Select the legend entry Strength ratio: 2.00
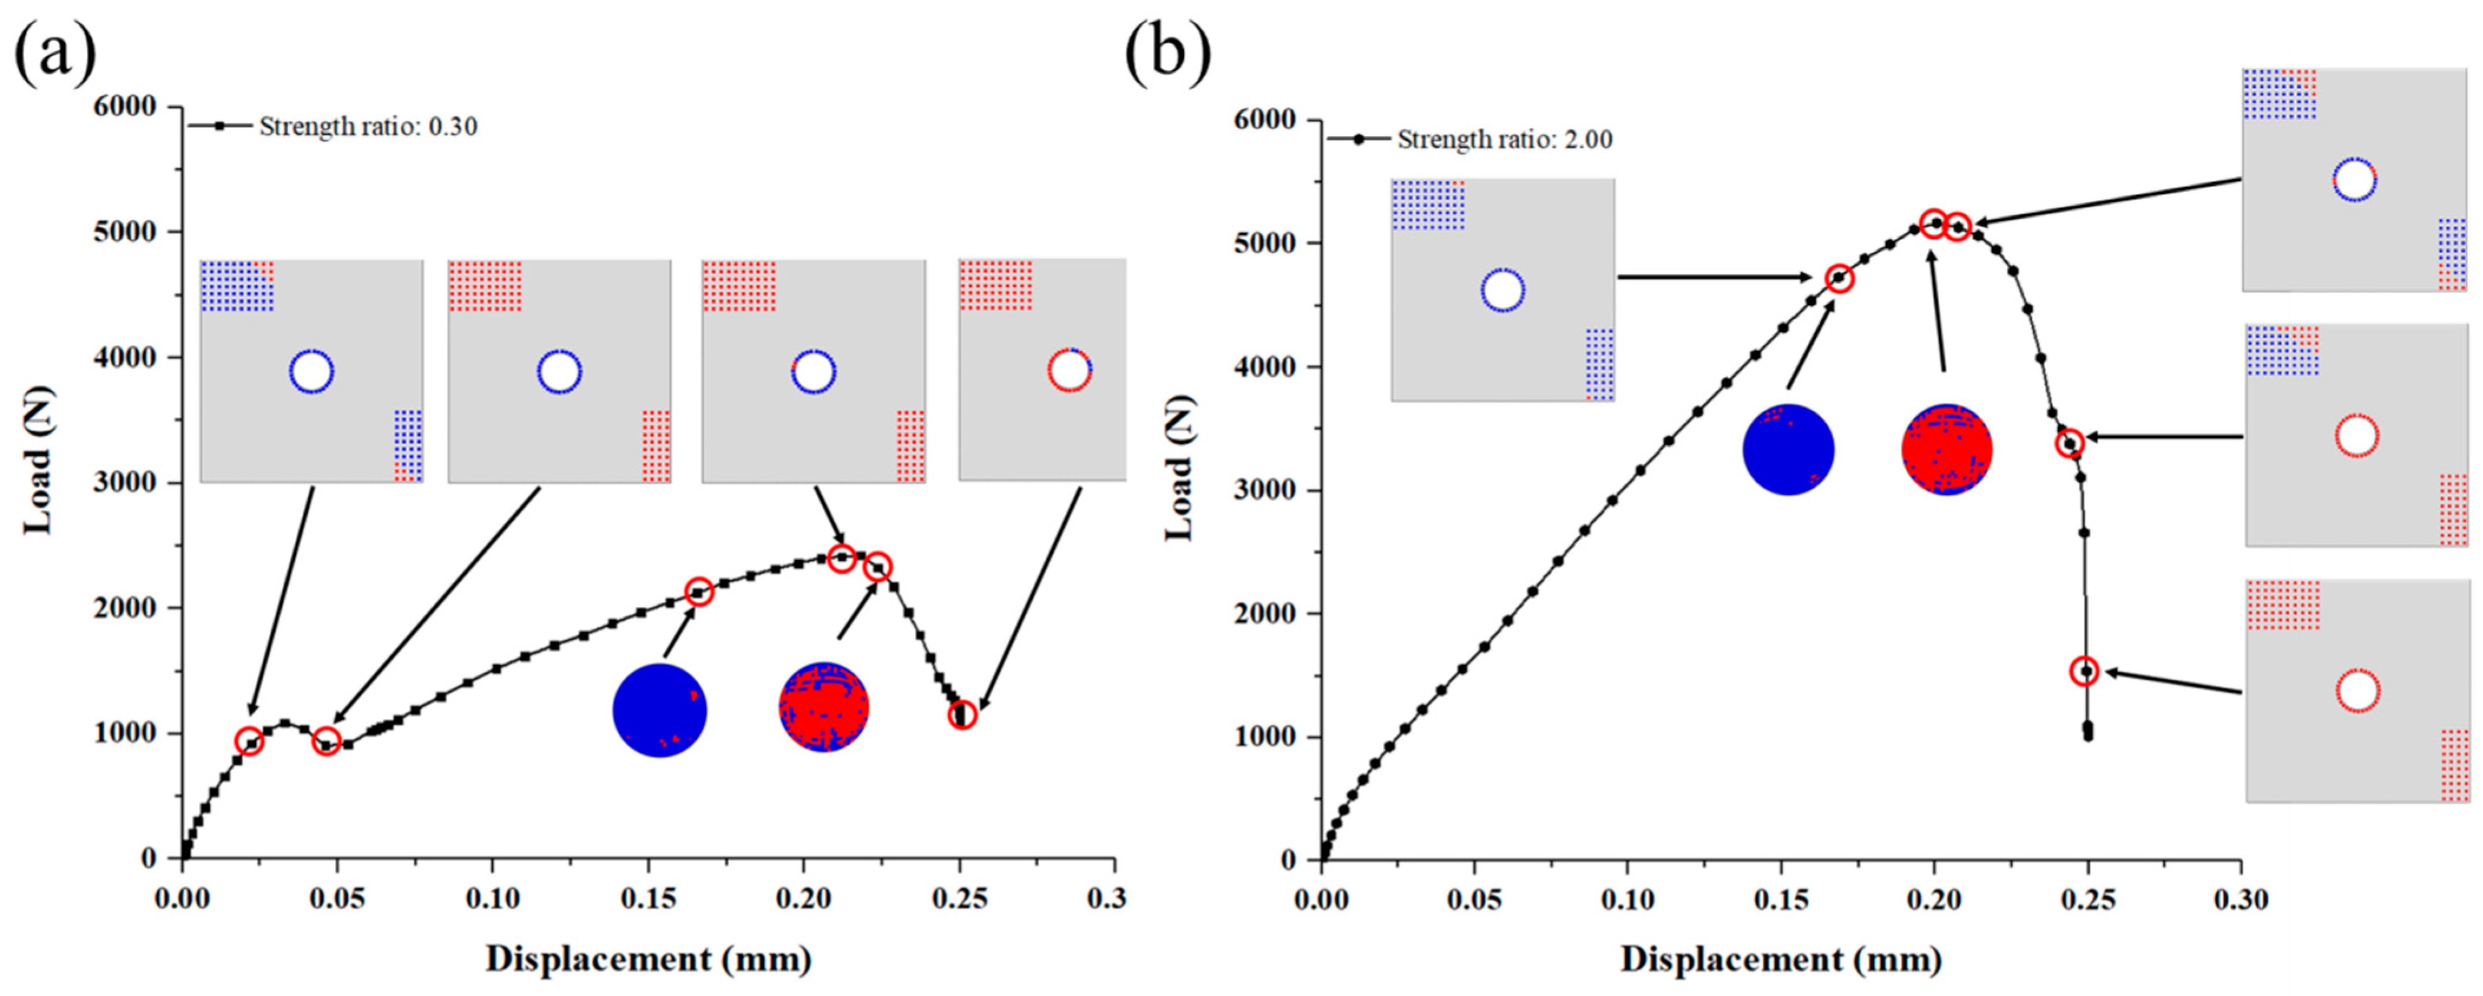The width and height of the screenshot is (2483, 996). coord(1504,140)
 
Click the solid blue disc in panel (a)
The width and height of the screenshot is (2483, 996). coord(659,709)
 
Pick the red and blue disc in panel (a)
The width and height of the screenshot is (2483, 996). coord(823,708)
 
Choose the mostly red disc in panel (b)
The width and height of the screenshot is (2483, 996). coord(1946,451)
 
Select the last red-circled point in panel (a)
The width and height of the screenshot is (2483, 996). coord(962,715)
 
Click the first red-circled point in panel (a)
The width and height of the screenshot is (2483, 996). coord(249,741)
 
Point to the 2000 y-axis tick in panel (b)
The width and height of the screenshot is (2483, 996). coord(1264,614)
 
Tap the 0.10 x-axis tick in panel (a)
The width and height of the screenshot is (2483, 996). coord(493,899)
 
